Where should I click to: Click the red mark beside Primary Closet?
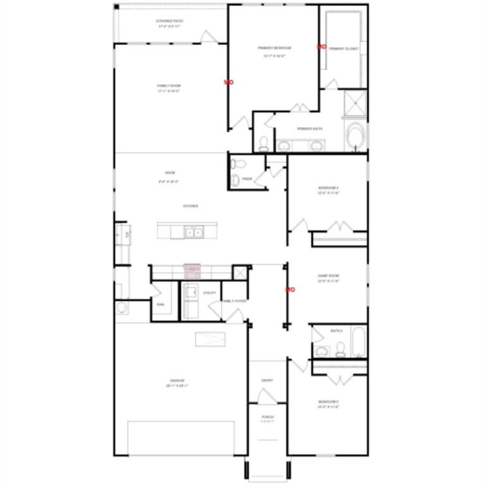coord(321,47)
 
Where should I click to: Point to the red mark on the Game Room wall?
coord(290,289)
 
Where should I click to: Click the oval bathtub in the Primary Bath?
coord(356,135)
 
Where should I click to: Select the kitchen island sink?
coord(194,233)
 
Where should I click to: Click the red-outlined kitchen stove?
coord(192,271)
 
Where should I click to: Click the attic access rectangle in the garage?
coord(210,340)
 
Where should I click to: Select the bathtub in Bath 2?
coord(358,342)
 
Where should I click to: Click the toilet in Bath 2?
coord(340,349)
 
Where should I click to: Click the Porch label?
coord(268,418)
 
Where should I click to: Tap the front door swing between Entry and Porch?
coord(266,397)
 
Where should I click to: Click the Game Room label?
coord(328,278)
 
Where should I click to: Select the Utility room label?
coord(209,293)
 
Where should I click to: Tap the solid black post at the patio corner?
coord(117,7)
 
